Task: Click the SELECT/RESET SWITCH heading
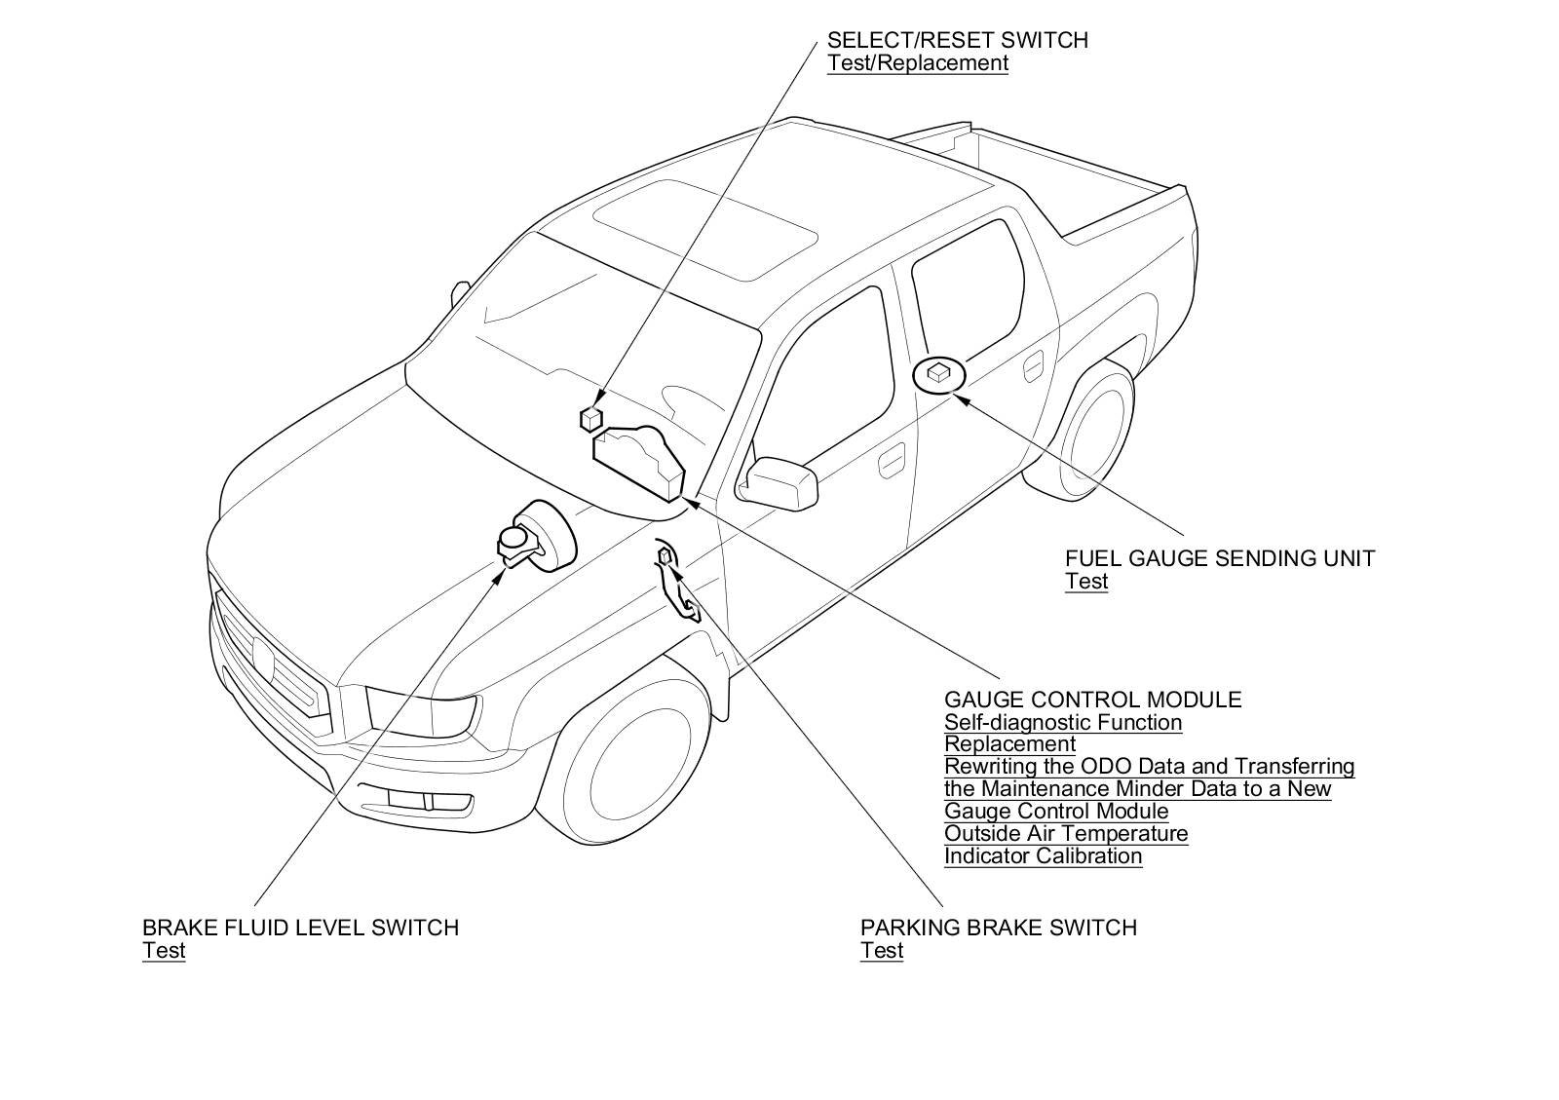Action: click(x=957, y=40)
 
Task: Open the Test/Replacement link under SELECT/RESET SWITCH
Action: click(x=917, y=63)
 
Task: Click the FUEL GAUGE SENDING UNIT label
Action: click(x=1219, y=558)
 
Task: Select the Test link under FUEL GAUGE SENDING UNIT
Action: click(x=1085, y=582)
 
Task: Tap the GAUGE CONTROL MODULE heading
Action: click(x=1092, y=700)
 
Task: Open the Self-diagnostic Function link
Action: click(x=1062, y=722)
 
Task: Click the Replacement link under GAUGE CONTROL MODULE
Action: click(x=1009, y=744)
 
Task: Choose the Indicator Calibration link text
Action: click(x=1043, y=856)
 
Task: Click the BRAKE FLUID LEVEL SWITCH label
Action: click(x=300, y=928)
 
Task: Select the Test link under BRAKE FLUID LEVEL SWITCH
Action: click(x=164, y=951)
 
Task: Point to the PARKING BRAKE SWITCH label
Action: click(x=998, y=928)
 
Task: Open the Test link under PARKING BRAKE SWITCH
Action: click(x=881, y=951)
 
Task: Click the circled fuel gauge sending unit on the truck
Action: click(x=938, y=374)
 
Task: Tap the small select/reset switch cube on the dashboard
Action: click(x=590, y=418)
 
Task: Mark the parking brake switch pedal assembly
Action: click(x=676, y=585)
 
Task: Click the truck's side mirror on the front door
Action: click(x=780, y=481)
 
